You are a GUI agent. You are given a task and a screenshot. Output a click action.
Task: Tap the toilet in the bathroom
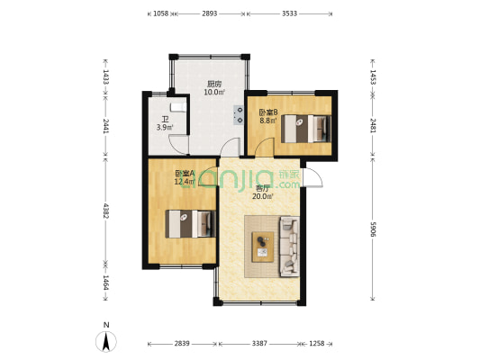click(x=177, y=107)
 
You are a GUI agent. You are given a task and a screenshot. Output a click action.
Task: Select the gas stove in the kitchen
click(x=239, y=115)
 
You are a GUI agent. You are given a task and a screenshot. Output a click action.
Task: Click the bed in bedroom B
click(x=306, y=129)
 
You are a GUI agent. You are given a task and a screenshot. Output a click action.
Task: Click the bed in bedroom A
click(x=190, y=223)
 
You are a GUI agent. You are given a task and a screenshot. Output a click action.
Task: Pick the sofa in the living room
click(x=289, y=247)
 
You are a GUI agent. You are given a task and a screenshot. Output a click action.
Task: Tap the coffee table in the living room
click(x=263, y=247)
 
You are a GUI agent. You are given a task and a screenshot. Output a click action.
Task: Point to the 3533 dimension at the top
click(x=289, y=13)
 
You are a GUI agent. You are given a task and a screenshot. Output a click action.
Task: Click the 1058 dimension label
click(x=160, y=13)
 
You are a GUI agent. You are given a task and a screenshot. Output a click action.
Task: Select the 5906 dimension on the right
click(x=373, y=229)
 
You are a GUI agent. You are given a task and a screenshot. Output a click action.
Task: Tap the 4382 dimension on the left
click(x=106, y=211)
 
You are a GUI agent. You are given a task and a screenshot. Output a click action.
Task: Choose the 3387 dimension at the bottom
click(x=259, y=344)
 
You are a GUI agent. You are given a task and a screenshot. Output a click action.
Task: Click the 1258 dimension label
click(x=316, y=344)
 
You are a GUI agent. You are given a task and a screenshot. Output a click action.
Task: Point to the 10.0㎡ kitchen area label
click(x=214, y=92)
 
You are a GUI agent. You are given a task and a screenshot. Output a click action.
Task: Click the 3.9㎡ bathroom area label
click(x=165, y=127)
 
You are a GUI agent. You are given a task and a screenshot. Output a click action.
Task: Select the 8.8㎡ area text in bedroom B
click(x=268, y=121)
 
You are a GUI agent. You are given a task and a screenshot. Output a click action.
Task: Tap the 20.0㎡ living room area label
click(x=263, y=196)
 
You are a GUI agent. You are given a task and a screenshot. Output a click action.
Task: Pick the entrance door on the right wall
click(x=312, y=177)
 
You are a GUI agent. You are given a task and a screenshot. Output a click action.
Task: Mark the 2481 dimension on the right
click(x=373, y=125)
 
